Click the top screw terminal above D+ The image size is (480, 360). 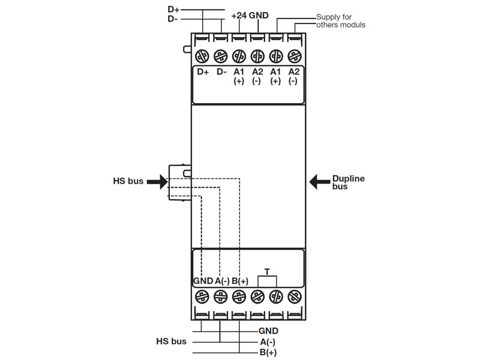coord(203,55)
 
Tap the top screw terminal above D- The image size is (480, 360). coord(221,55)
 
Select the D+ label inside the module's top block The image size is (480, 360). coord(203,72)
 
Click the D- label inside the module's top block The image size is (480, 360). coord(221,72)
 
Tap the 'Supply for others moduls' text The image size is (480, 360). coord(340,21)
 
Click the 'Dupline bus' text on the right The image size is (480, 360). coord(349,182)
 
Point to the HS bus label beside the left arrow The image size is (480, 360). coord(128,181)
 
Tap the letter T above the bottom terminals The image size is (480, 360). coord(266,272)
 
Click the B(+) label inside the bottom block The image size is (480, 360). coord(240,281)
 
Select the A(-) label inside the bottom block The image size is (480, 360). coord(222,281)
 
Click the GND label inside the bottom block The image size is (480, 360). coord(203,281)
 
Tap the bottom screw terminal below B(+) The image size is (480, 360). coord(239,296)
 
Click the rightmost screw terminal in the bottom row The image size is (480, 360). coord(293,296)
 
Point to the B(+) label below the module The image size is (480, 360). coord(268,352)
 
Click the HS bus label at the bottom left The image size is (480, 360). coord(170,341)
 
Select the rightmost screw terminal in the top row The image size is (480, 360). coord(293,55)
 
